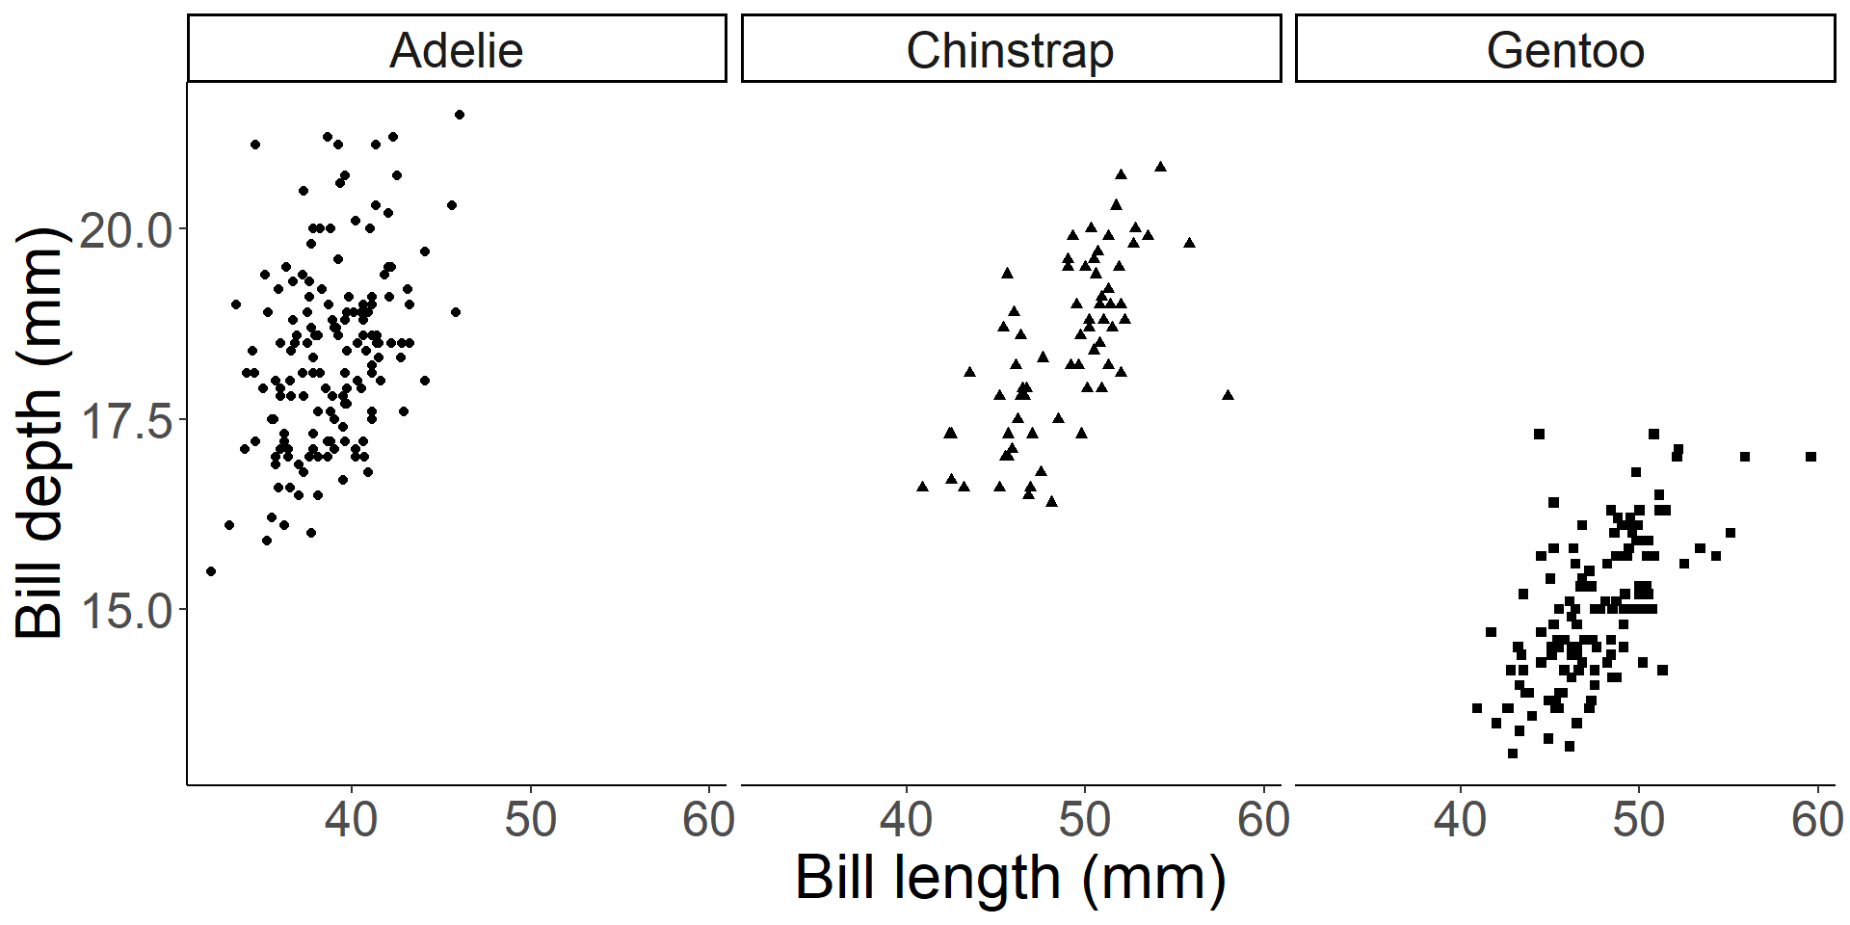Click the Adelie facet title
click(456, 50)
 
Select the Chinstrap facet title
click(1010, 50)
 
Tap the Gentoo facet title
click(1565, 50)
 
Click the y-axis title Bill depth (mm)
click(39, 434)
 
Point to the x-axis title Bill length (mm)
click(1010, 878)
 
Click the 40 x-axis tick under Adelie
click(351, 820)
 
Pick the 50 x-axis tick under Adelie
click(530, 820)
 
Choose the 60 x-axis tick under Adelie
click(708, 820)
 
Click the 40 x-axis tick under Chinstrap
click(906, 820)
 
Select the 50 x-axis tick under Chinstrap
click(1085, 820)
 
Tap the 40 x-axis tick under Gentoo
click(1460, 820)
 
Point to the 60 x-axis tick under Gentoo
click(1817, 820)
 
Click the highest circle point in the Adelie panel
click(460, 115)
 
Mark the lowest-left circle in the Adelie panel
click(211, 571)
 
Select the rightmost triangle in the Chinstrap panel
click(1228, 395)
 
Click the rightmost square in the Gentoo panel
click(1810, 457)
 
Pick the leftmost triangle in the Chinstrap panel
click(922, 487)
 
